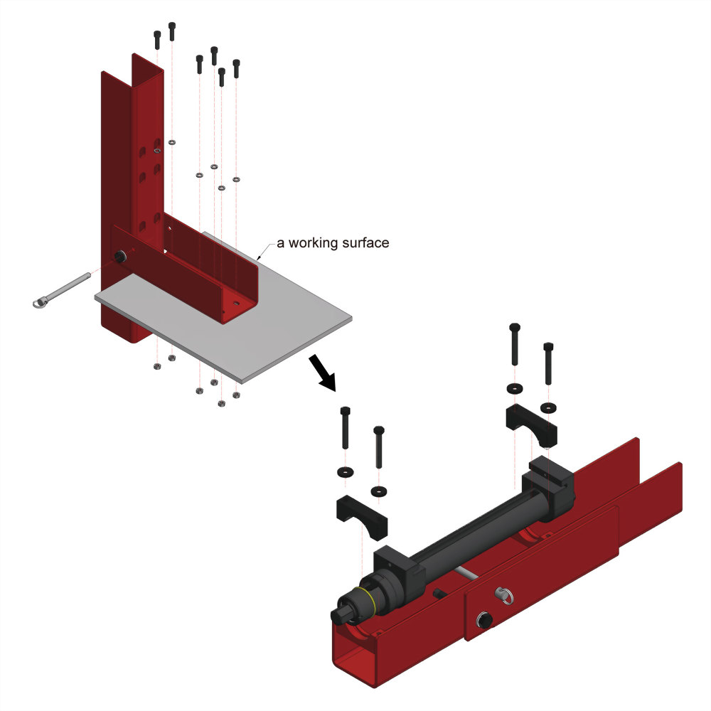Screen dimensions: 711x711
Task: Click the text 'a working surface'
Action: tap(333, 243)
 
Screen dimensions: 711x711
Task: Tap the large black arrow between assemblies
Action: tap(322, 373)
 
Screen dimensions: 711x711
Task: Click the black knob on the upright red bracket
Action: tap(120, 257)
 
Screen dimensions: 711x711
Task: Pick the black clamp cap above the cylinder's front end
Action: tap(362, 516)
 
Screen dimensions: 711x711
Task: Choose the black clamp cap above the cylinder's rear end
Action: tap(531, 424)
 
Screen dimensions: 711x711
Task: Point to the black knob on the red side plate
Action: tap(484, 620)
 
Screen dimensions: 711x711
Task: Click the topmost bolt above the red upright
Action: tap(172, 31)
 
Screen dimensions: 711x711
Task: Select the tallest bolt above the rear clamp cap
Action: tap(515, 343)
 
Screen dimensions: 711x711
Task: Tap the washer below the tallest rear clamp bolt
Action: tap(514, 388)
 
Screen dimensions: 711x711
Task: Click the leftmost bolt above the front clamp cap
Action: tap(345, 427)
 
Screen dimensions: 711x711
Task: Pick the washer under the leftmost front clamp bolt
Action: tap(346, 472)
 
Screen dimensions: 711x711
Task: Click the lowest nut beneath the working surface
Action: tap(222, 404)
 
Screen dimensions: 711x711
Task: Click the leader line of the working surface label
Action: tap(266, 250)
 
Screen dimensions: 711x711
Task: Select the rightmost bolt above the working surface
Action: tap(236, 68)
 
